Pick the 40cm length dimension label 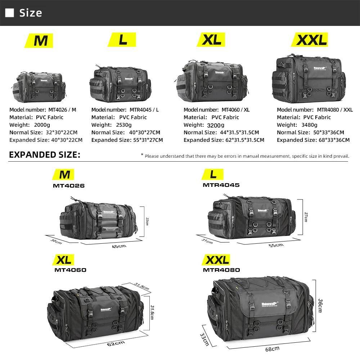tap(119, 246)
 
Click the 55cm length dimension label tap(276, 245)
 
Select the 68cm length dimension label tap(272, 348)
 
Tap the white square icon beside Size tap(10, 13)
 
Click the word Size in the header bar tap(31, 13)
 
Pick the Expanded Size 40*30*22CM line tap(46, 140)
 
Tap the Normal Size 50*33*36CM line tap(310, 132)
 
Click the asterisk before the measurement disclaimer tap(142, 155)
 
